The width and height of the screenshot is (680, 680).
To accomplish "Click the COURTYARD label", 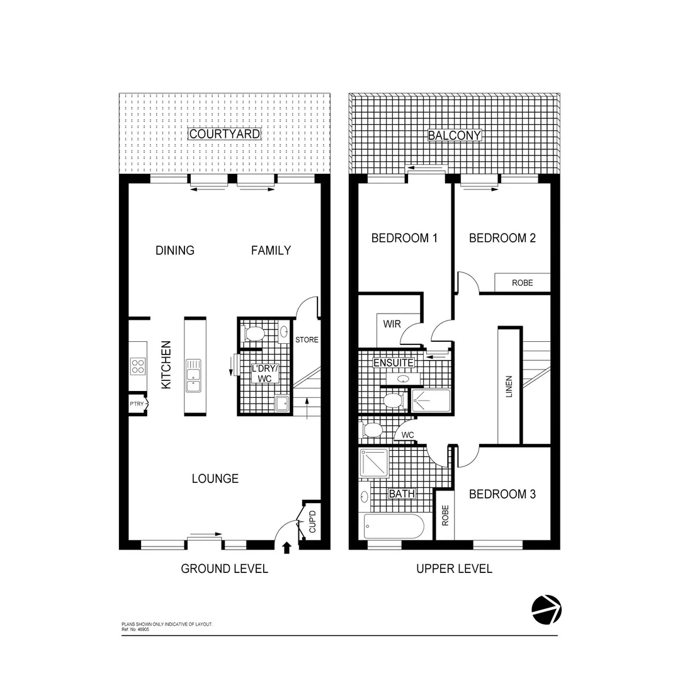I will (224, 133).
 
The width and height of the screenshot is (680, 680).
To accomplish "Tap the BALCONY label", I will (454, 135).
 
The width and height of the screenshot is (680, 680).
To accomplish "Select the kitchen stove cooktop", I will (138, 366).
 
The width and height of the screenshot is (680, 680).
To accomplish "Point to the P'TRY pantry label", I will (136, 404).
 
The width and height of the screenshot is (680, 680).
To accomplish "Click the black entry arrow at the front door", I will (287, 547).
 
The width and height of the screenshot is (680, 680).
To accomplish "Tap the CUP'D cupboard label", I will (312, 522).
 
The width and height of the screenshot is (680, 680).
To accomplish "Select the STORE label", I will (307, 340).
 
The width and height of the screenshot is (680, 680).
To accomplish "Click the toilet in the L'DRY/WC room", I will (255, 333).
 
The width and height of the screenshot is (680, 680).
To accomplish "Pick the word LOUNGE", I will (215, 479).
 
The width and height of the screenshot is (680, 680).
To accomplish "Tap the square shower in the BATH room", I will (374, 463).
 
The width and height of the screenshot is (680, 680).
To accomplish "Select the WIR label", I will (392, 324).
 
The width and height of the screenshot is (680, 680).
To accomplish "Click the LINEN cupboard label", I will (509, 387).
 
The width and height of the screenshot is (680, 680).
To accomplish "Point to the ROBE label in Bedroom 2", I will (522, 283).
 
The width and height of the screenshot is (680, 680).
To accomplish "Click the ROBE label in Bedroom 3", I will (445, 516).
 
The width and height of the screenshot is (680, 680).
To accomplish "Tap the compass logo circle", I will (546, 609).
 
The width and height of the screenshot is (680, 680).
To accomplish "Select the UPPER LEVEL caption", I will (454, 569).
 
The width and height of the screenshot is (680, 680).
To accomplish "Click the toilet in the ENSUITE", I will (394, 400).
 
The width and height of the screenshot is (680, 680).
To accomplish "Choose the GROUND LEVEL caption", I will (224, 569).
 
